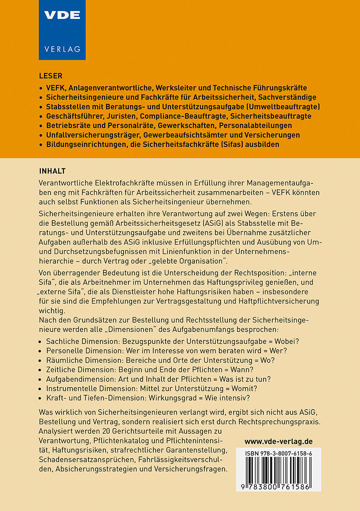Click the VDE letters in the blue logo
tap(62, 15)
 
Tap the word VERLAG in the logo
tap(62, 49)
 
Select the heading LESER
tap(51, 76)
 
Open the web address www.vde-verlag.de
tap(278, 441)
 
